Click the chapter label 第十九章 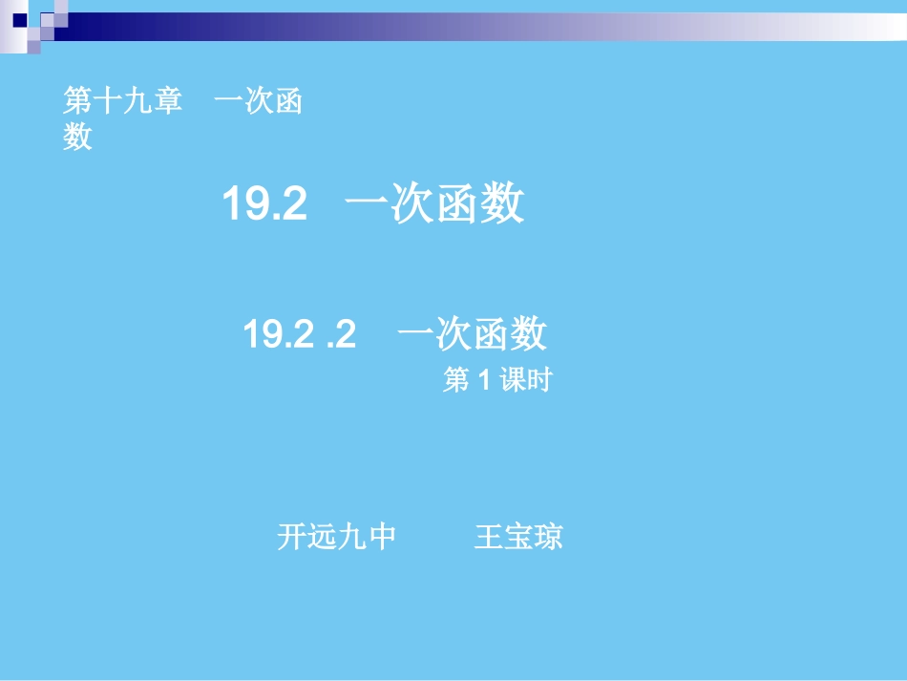coord(122,101)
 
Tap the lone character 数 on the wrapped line coord(77,138)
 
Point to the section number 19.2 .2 coord(299,334)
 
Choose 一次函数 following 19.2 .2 coord(473,334)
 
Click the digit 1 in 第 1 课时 coord(483,381)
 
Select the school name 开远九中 coord(336,537)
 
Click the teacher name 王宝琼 coord(518,537)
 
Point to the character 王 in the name coord(489,537)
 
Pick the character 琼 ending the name coord(549,537)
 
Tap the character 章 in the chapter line coord(167,101)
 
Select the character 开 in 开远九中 coord(291,537)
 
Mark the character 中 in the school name coord(382,537)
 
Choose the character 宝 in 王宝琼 coord(518,537)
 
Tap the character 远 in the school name coord(322,537)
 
